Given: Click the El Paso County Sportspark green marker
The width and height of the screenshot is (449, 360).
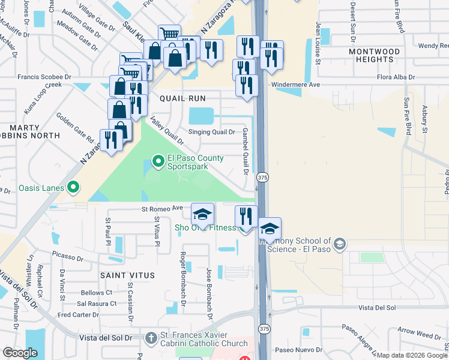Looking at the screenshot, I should pyautogui.click(x=158, y=161).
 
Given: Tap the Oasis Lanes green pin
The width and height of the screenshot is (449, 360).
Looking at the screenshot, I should pyautogui.click(x=73, y=188).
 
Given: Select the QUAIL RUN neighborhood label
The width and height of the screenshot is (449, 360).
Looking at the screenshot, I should pyautogui.click(x=182, y=98).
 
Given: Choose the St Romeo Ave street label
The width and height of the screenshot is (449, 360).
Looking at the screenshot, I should pyautogui.click(x=162, y=209).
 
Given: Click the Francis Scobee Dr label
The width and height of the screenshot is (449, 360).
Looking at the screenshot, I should pyautogui.click(x=44, y=77).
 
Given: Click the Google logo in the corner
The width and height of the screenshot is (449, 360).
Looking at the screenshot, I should pyautogui.click(x=20, y=353).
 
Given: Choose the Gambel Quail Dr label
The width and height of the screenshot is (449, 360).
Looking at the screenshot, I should pyautogui.click(x=246, y=151).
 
